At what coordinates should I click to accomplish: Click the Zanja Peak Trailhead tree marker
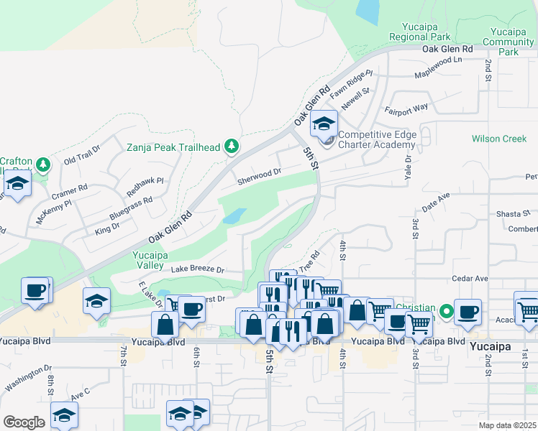coord(231,147)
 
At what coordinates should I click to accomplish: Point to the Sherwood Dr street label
coord(259,173)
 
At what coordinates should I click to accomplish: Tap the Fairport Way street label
coord(406,109)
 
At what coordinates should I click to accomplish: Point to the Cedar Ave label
coord(470,278)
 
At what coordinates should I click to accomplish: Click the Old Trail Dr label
coord(83,155)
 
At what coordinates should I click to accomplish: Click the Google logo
coord(24,422)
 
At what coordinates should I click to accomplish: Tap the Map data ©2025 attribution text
coord(507,425)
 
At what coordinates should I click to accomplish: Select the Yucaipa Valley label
coord(152,259)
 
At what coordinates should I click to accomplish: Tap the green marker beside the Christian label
coord(446,312)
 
